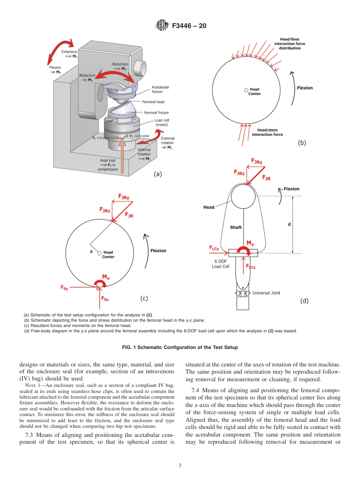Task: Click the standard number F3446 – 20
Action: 189,26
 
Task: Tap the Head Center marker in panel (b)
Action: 246,90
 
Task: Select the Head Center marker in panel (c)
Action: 99,253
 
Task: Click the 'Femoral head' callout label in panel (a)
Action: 153,102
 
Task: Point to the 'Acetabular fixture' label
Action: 160,89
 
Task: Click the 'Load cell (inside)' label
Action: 161,123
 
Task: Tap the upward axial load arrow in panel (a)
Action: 122,155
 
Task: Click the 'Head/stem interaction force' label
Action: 267,132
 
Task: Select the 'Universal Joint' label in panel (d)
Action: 266,293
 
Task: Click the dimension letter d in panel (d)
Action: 289,224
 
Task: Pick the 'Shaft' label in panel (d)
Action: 236,227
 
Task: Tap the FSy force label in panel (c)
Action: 64,288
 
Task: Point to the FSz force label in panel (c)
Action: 105,299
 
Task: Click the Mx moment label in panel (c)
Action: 106,277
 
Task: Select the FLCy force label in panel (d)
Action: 214,248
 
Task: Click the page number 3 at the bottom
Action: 180,465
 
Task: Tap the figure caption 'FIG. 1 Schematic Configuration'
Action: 180,347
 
